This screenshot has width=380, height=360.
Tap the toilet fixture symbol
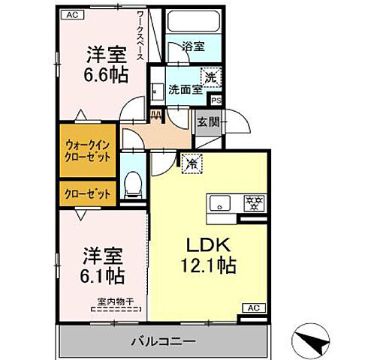pos(134,183)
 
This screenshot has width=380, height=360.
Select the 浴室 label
pos(194,46)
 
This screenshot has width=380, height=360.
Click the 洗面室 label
pos(184,88)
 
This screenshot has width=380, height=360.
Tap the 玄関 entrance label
pos(207,121)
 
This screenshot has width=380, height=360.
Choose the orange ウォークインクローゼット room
pos(88,152)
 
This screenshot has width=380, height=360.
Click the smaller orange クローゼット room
pos(88,193)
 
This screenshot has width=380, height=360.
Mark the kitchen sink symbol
pos(222,202)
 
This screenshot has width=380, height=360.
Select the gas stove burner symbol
pos(253,202)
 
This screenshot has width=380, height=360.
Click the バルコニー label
pos(167,340)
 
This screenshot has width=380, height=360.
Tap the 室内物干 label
pos(115,303)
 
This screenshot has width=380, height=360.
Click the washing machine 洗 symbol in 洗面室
pos(211,76)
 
